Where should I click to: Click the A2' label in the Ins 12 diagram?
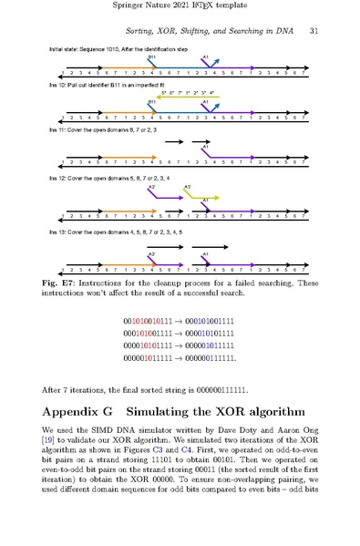point(152,186)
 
